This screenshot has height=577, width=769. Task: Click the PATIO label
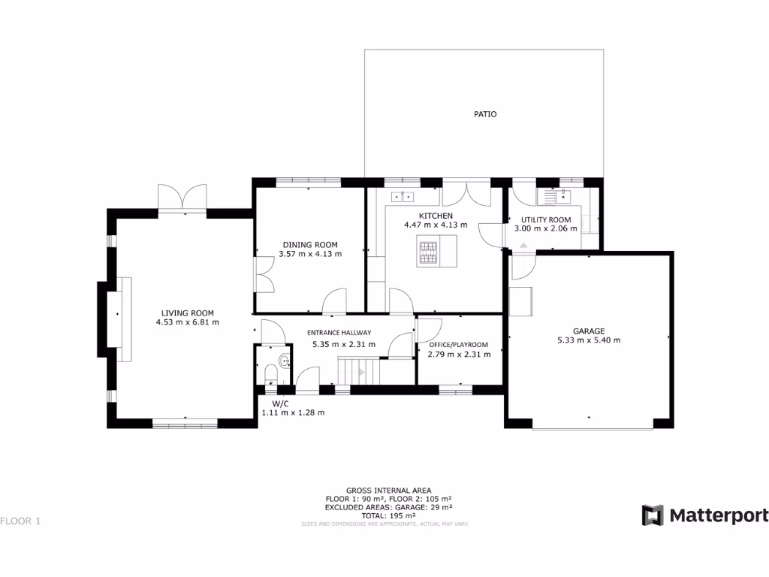coord(484,114)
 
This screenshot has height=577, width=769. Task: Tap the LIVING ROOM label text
coord(187,313)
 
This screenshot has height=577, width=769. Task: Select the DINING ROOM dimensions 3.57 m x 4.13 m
coord(309,254)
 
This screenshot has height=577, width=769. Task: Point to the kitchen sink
coord(403,198)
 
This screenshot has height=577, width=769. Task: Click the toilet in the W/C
coord(270,373)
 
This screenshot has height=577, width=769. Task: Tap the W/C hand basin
coord(284,361)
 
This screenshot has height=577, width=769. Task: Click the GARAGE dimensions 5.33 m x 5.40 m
coord(589,340)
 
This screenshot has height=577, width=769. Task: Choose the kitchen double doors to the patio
coord(466,194)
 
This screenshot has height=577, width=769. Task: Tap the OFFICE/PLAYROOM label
coord(457,345)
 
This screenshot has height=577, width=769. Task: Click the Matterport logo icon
coord(653,515)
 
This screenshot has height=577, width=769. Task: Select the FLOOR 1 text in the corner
coord(20,521)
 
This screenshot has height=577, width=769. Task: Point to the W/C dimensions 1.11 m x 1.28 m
coord(293,412)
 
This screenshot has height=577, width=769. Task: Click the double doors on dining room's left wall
coord(264,274)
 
